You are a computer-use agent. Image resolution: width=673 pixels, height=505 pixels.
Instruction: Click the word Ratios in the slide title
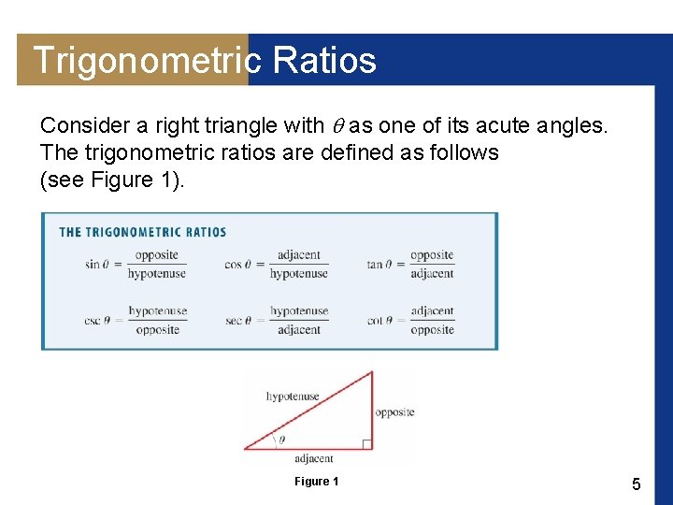324,61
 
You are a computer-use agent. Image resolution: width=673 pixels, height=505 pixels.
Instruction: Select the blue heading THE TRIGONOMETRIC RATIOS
143,232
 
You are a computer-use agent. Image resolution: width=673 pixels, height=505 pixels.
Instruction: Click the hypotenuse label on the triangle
293,397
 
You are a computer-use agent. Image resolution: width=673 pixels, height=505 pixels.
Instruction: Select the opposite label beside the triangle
394,412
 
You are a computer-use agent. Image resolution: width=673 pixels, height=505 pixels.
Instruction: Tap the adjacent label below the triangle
314,459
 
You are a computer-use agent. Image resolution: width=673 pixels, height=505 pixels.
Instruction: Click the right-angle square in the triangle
366,444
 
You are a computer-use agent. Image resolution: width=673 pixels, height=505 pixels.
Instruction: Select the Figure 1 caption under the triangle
316,482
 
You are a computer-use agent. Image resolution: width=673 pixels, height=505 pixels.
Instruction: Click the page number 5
637,483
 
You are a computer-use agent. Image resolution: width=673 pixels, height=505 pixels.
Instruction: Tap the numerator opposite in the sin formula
156,255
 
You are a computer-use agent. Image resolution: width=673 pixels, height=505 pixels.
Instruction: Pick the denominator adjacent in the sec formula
299,330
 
